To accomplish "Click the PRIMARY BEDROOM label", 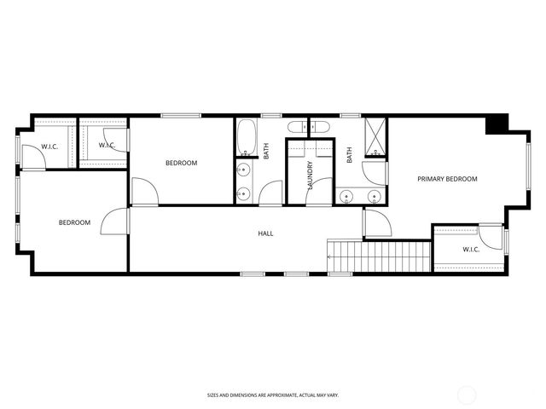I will click(447, 179).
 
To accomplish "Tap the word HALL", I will click(266, 233).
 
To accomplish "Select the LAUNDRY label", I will click(310, 176).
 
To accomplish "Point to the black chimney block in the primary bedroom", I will click(495, 124).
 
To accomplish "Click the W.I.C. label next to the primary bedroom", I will click(471, 250).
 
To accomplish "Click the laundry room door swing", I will click(318, 192).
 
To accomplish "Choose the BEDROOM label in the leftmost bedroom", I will click(74, 223).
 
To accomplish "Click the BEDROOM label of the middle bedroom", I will click(181, 163).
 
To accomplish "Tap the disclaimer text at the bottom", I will click(273, 395).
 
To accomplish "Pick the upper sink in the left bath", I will click(245, 167).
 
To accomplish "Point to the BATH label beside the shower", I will click(350, 155).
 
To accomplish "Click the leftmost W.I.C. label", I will click(49, 147).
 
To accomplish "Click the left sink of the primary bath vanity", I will click(346, 196).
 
